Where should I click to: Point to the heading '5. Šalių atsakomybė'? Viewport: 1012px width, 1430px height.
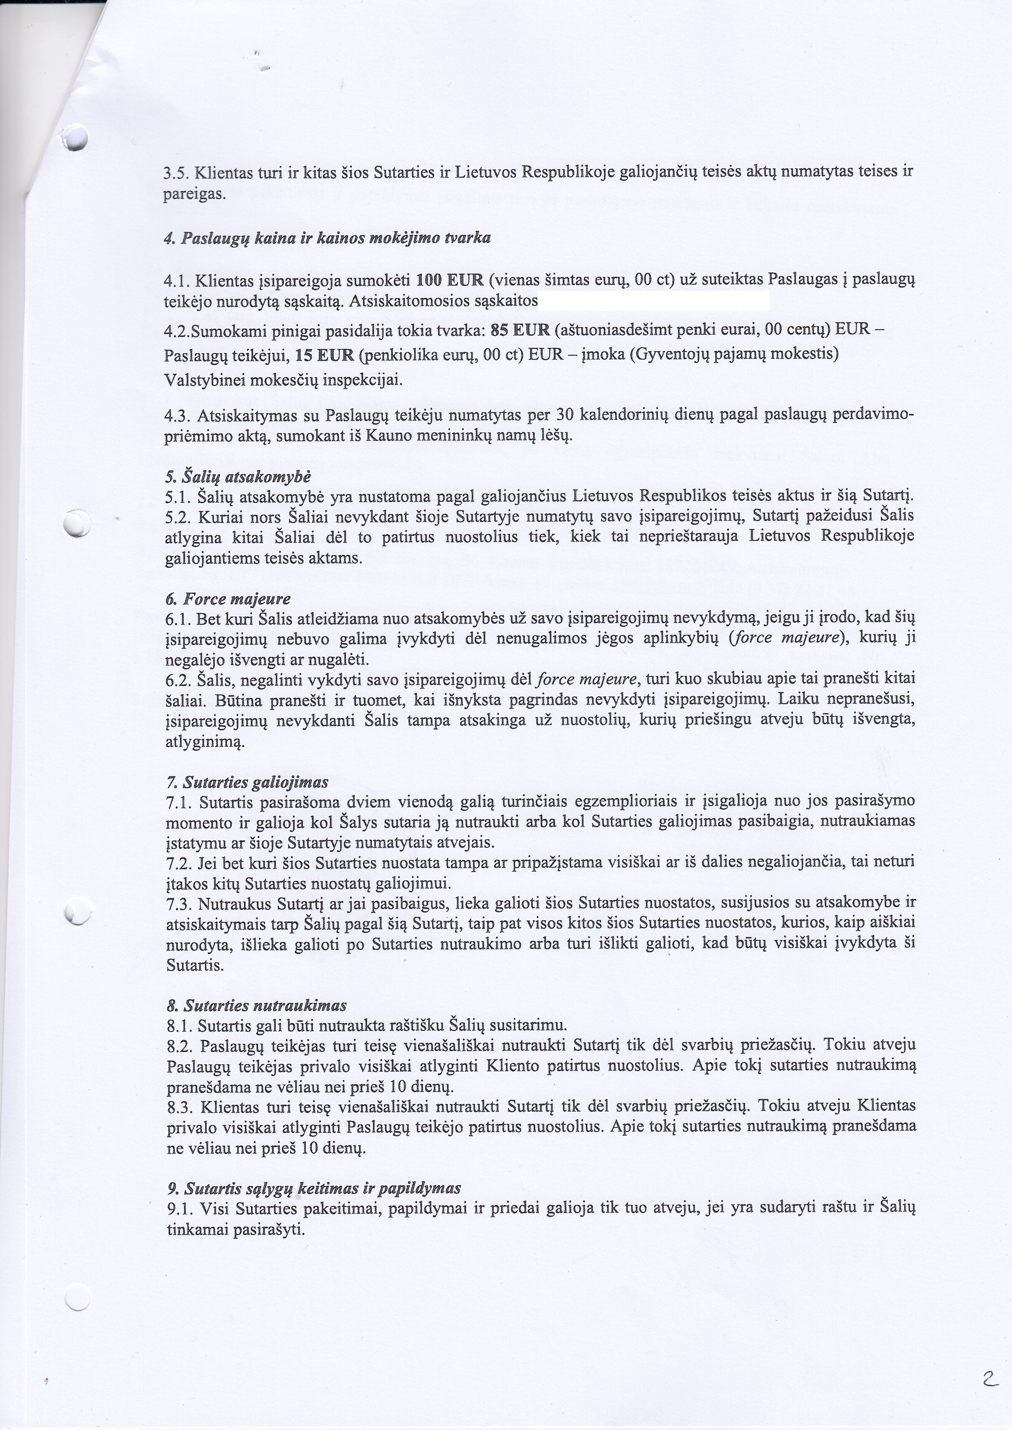coord(237,478)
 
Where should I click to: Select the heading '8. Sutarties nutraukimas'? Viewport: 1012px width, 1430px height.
coord(257,1005)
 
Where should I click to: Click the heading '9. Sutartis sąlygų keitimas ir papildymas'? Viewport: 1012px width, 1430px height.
coord(314,1188)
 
